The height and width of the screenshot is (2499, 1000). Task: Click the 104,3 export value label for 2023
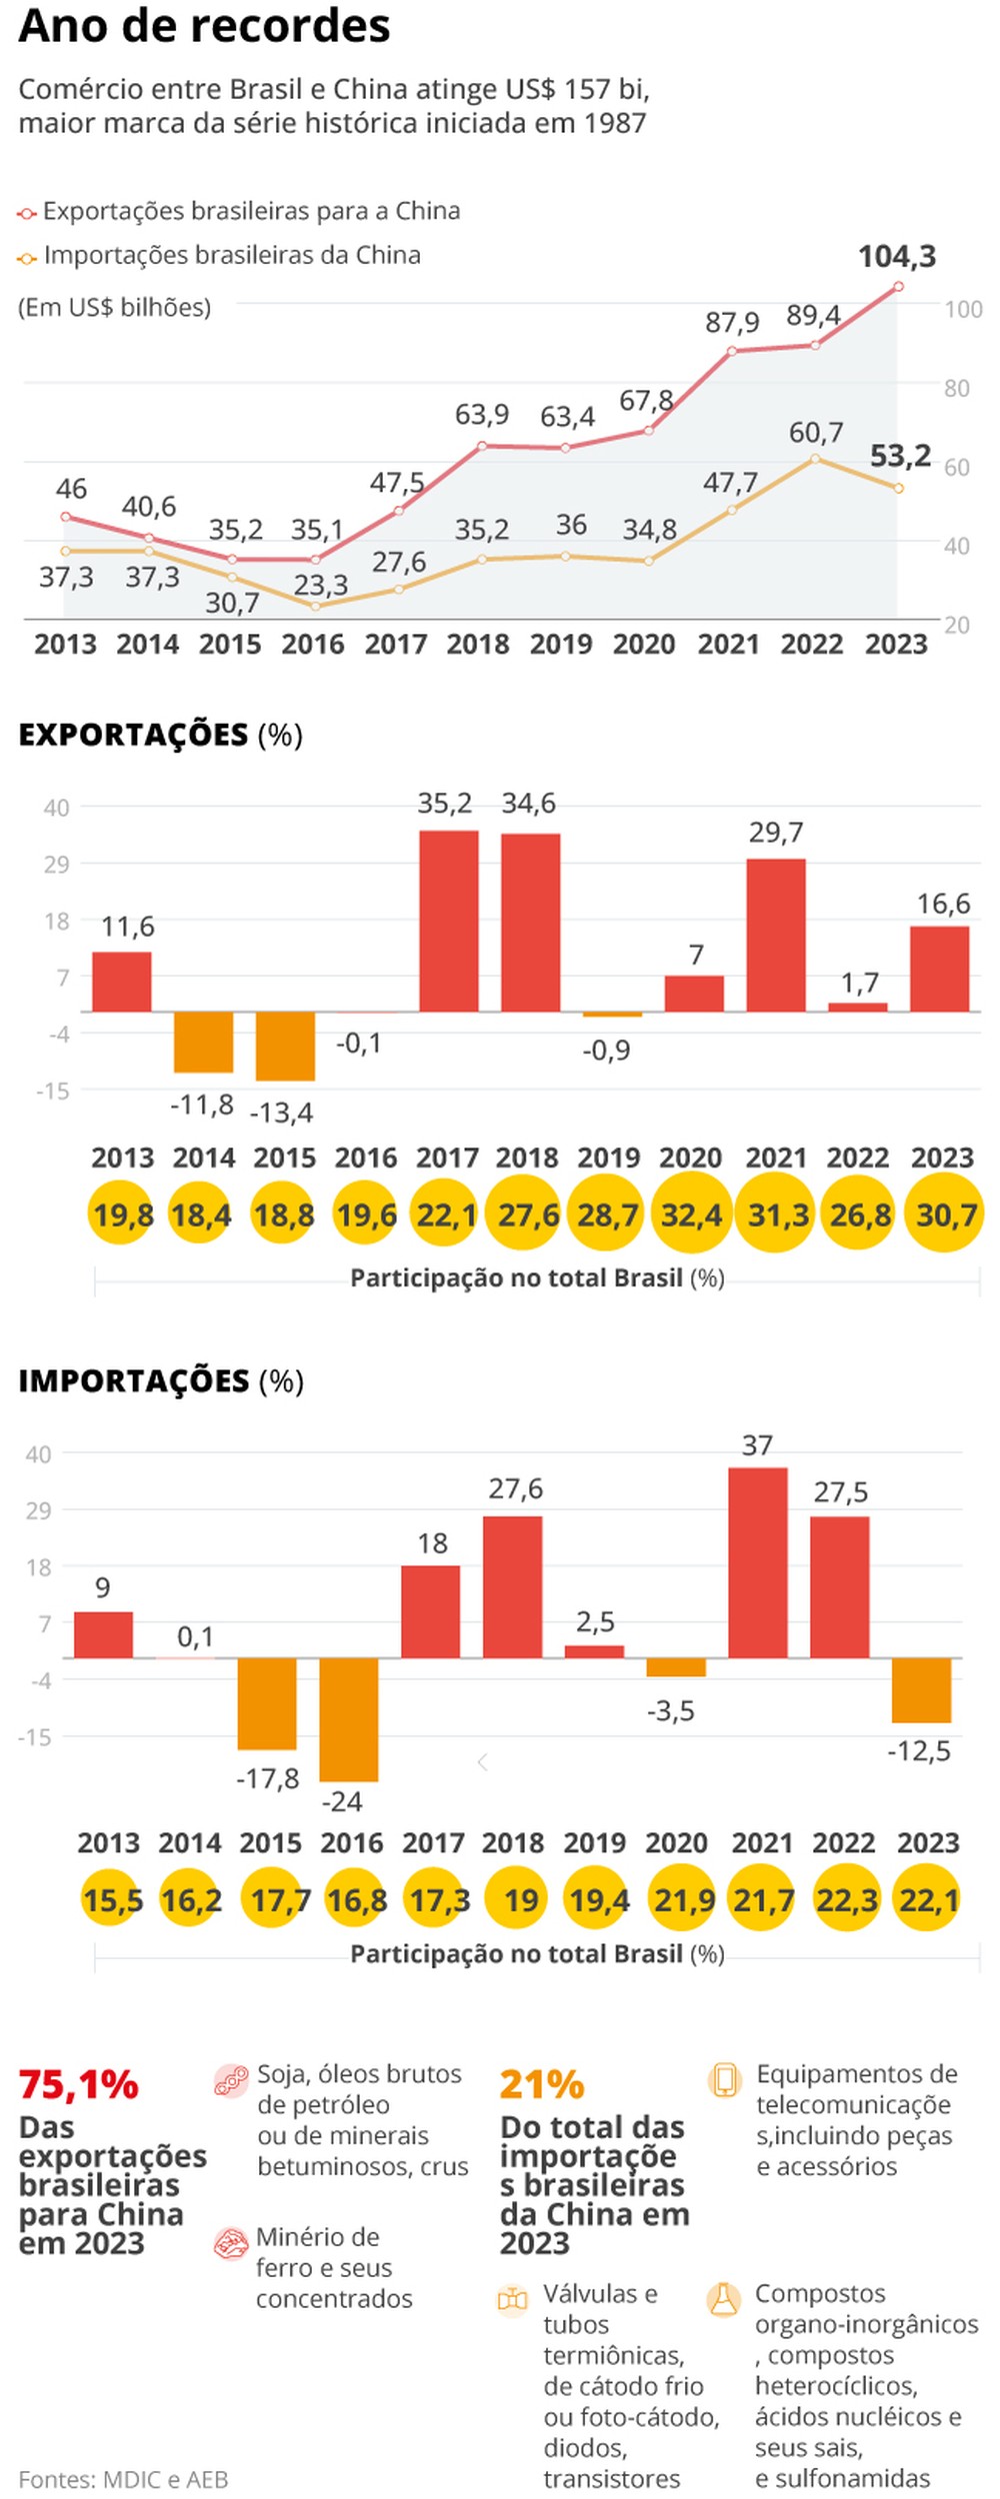(897, 257)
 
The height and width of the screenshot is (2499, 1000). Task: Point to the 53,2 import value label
(900, 456)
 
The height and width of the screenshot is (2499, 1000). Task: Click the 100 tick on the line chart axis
(963, 309)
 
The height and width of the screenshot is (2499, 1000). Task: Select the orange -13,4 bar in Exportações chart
(285, 1046)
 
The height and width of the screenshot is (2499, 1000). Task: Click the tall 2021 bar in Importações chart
(757, 1562)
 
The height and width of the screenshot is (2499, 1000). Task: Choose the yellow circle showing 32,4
(691, 1215)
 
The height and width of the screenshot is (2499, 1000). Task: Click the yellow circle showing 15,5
(112, 1899)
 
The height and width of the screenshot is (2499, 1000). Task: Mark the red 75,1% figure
(78, 2084)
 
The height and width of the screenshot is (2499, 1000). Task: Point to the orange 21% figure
(541, 2084)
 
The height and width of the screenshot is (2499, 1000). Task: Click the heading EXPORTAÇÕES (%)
(160, 735)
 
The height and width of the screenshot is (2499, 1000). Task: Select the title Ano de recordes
(204, 27)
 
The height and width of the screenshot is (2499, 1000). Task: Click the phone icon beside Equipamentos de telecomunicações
(724, 2080)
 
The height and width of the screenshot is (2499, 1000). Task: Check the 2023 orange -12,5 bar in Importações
(921, 1689)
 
